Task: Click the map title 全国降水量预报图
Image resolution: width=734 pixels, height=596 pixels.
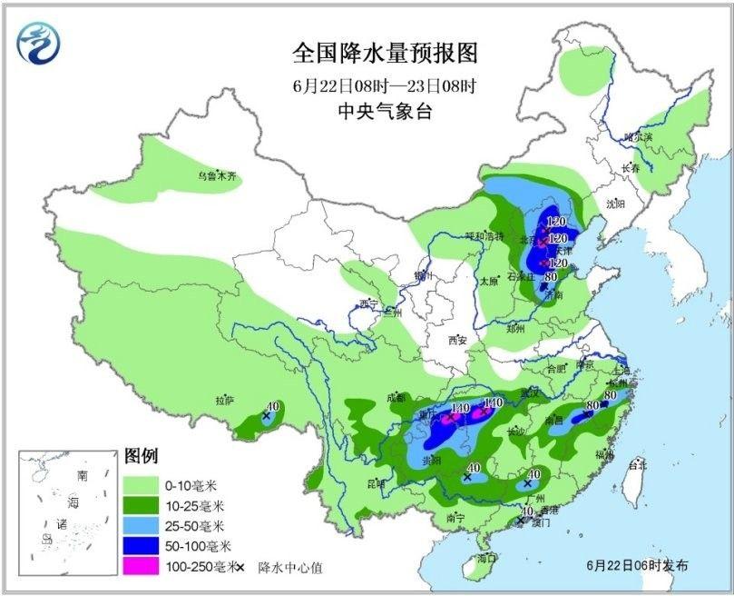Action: (384, 53)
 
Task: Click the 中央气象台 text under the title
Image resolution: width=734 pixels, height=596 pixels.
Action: (384, 112)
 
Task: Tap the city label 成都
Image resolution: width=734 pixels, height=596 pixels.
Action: (396, 396)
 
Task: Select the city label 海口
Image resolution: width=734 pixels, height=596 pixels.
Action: (487, 557)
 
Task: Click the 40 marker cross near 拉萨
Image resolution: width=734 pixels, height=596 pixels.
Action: (267, 416)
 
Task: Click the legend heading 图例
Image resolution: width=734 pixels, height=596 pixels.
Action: (142, 454)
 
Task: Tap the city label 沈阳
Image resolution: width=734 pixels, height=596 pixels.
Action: (616, 204)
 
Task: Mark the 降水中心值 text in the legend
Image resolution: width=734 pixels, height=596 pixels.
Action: (289, 567)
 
